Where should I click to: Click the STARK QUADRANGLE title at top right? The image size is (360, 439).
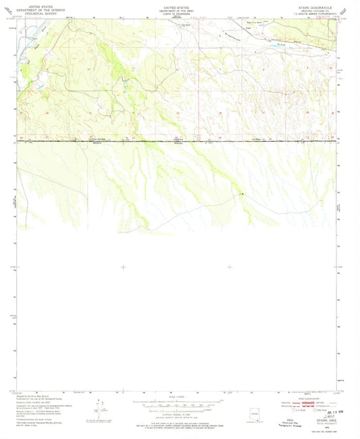point(315,6)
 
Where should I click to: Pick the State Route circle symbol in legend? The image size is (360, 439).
point(314,409)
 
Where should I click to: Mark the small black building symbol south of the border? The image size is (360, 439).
point(241,194)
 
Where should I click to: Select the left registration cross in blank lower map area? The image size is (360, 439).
point(122,267)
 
